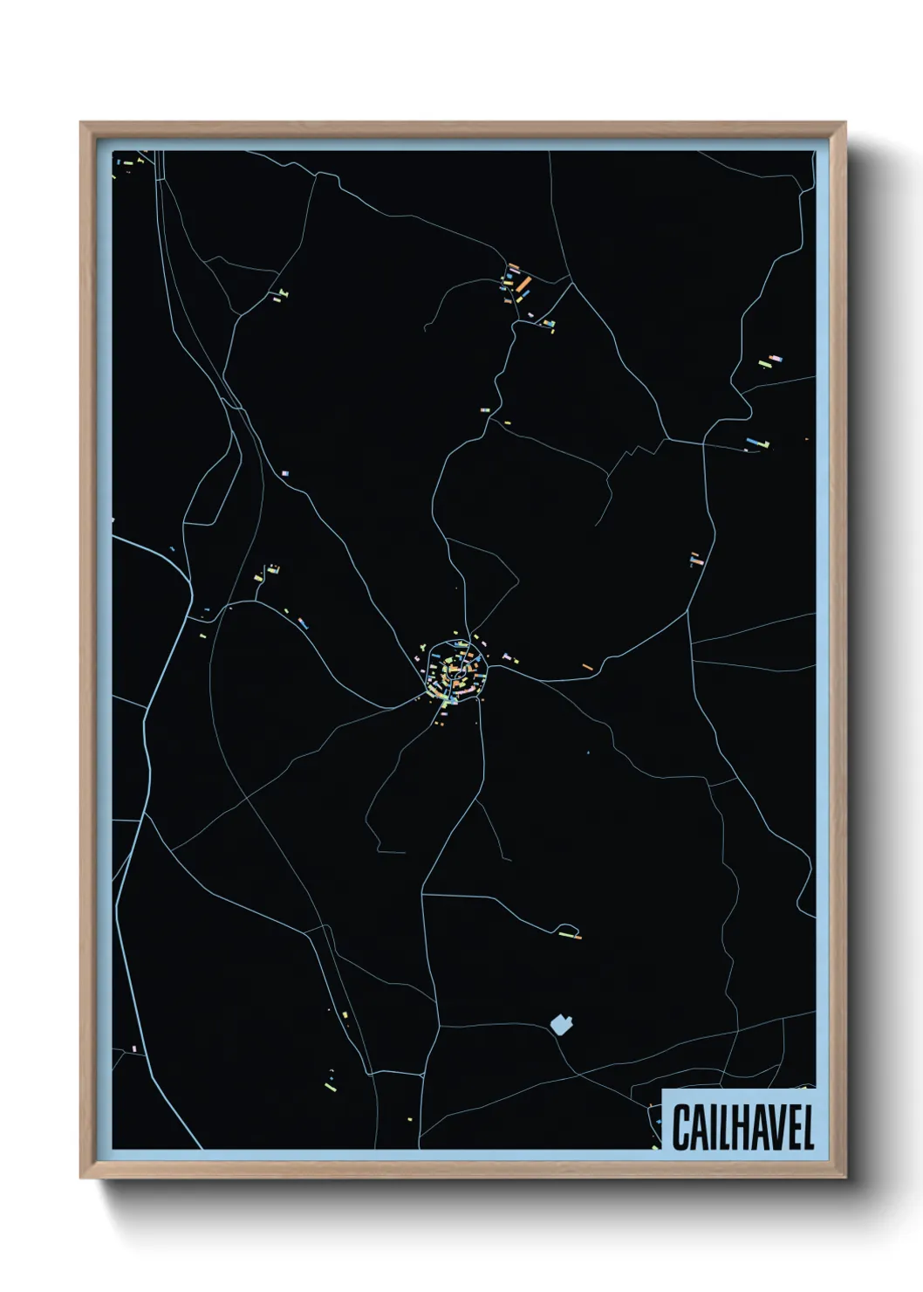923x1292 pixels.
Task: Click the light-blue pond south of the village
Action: click(x=560, y=1023)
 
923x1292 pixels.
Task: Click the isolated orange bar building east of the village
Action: click(x=587, y=667)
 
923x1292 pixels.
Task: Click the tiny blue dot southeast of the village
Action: click(x=589, y=752)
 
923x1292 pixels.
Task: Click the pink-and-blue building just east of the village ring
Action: click(x=508, y=656)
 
